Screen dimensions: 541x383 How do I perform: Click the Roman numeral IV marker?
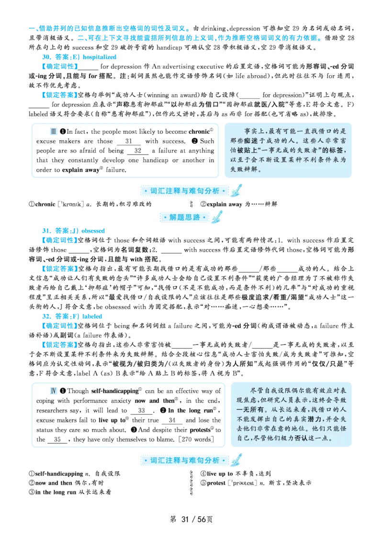tap(54, 391)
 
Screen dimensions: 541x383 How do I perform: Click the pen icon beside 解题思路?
tap(217, 216)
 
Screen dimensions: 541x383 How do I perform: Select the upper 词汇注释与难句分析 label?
tap(185, 191)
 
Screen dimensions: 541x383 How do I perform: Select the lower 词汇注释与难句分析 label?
tap(185, 460)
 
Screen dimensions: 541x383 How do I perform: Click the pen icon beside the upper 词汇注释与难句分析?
tap(237, 190)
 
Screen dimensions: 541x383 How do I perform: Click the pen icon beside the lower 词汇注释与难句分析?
tap(237, 460)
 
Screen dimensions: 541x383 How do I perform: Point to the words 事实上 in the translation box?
tap(253, 131)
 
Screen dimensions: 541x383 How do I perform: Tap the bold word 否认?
tap(302, 438)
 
